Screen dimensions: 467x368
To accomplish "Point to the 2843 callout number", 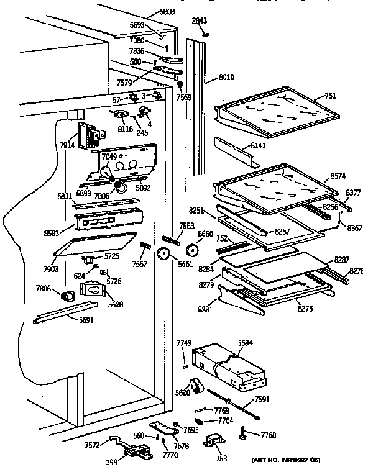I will click(198, 20).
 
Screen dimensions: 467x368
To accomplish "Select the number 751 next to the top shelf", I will click(331, 96).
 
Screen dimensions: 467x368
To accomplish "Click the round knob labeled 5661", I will click(165, 253).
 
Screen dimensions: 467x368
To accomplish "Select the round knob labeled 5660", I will click(191, 249).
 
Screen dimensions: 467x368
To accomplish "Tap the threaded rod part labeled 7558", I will click(171, 237).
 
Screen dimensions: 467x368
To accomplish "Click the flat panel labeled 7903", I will click(93, 244).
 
